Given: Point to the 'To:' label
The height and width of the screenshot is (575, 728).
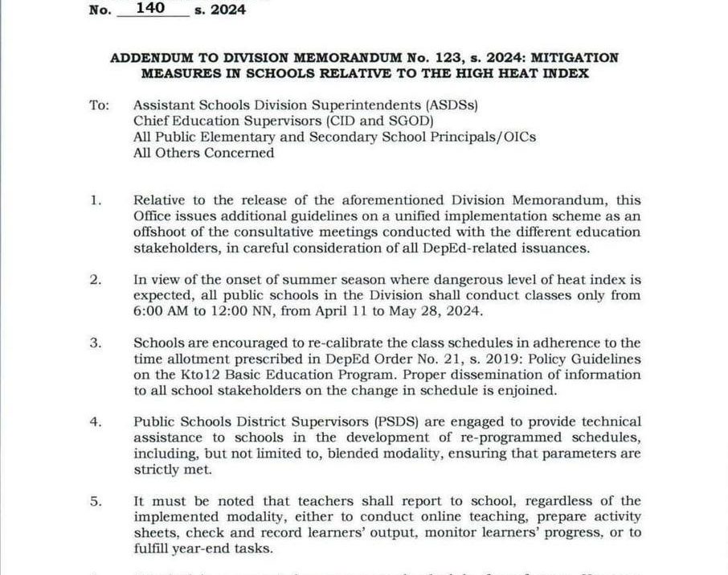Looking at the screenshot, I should point(100,105).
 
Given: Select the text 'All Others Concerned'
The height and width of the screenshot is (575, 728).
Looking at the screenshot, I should point(203,153).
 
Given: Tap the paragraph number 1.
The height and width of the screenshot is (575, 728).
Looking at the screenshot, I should point(96,200).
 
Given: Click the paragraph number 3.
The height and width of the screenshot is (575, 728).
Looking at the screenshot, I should point(96,343).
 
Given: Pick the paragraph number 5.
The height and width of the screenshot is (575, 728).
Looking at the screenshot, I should point(96,501).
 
